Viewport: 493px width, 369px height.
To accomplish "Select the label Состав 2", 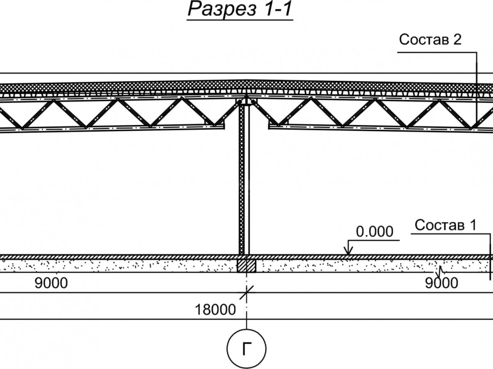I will [x=430, y=40].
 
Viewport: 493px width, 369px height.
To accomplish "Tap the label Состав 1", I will [x=446, y=225].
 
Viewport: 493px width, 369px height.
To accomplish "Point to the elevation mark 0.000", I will [x=374, y=232].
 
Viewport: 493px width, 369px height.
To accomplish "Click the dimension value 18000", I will [x=216, y=310].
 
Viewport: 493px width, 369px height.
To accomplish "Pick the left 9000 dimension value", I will [x=51, y=283].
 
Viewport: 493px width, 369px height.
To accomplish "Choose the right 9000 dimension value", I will [x=441, y=283].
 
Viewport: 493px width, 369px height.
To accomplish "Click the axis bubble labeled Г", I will [x=246, y=349].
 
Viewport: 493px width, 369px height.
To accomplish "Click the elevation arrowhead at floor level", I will [x=348, y=252].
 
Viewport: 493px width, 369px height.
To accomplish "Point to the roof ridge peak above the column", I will [x=246, y=80].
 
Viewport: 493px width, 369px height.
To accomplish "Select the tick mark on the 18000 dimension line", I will [x=246, y=293].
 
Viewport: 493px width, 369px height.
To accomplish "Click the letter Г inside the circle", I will [x=246, y=349].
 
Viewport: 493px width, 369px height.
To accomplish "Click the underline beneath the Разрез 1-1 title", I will [x=240, y=19].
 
